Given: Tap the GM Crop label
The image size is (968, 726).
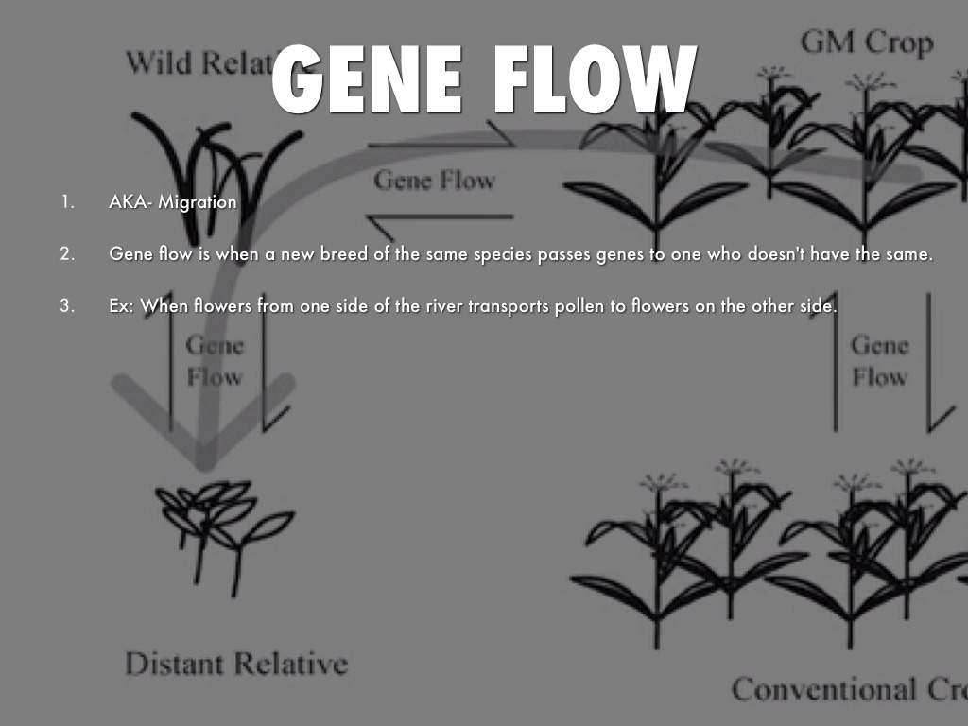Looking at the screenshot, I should (x=866, y=43).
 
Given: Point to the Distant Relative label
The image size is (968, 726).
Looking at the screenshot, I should (x=235, y=664).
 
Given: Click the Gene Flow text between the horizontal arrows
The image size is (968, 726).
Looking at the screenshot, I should (x=434, y=180).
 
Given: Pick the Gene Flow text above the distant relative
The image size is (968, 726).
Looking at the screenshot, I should (x=215, y=360).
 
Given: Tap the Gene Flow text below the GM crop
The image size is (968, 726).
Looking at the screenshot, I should (x=879, y=360).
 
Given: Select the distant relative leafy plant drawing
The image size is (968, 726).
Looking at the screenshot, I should (x=222, y=525).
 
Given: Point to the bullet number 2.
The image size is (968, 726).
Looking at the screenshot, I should (x=66, y=254).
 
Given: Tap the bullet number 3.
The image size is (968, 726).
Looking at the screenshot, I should (x=66, y=306).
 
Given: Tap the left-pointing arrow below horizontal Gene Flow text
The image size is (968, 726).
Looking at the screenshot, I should (x=425, y=222).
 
